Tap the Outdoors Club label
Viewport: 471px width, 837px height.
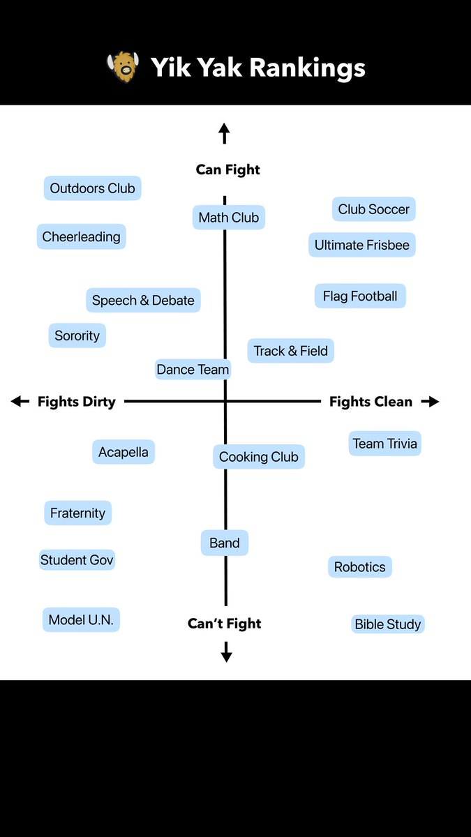[x=92, y=188]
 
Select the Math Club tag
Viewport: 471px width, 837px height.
[x=228, y=218]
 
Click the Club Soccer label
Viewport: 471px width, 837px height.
[x=373, y=209]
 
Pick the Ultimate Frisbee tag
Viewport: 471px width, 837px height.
[x=361, y=245]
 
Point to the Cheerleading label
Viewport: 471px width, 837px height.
[x=81, y=236]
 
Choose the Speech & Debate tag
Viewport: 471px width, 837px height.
[x=143, y=301]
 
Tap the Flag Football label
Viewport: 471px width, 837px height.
[x=359, y=296]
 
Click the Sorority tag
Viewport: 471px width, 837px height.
[x=77, y=335]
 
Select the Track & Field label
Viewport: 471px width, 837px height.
[x=290, y=351]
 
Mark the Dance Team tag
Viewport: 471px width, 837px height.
[x=193, y=370]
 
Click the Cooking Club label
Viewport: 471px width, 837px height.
[x=258, y=457]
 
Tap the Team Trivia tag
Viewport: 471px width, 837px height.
[x=384, y=444]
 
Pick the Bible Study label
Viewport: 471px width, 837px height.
[x=387, y=624]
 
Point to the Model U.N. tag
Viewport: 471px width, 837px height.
[x=81, y=619]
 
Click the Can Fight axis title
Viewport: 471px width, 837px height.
[x=227, y=169]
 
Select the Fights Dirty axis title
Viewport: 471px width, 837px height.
[x=76, y=402]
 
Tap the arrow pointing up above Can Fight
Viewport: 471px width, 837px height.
[x=224, y=133]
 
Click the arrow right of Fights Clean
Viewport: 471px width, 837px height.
[x=431, y=401]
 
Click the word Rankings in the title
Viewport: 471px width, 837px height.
[x=308, y=68]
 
